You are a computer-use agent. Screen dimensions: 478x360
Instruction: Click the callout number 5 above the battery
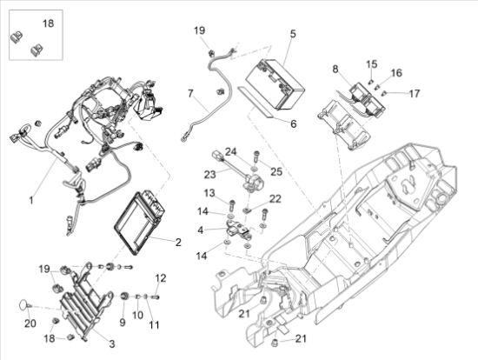[x=293, y=34]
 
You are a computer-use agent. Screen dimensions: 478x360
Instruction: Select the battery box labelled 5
[x=276, y=84]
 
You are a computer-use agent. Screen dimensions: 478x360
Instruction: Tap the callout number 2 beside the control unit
[x=178, y=243]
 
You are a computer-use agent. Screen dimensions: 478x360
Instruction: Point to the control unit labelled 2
[x=139, y=223]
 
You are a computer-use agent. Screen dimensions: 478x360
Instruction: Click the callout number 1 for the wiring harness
[x=30, y=201]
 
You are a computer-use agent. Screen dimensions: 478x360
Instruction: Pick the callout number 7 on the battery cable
[x=190, y=93]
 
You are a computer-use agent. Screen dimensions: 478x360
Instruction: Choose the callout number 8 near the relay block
[x=335, y=70]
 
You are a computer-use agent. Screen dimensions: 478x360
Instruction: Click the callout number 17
[x=415, y=93]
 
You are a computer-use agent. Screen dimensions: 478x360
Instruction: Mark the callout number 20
[x=30, y=323]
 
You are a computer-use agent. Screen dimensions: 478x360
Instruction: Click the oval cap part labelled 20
[x=23, y=304]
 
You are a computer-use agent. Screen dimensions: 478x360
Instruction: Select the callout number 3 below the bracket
[x=112, y=343]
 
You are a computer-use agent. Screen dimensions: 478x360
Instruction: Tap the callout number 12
[x=161, y=278]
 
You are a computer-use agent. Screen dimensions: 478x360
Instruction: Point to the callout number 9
[x=123, y=323]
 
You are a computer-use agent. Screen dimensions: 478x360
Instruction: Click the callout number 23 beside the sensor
[x=209, y=175]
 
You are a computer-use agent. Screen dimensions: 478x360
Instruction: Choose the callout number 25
[x=276, y=171]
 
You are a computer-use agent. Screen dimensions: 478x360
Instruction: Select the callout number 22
[x=275, y=198]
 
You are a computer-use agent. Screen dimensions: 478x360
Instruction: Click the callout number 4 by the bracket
[x=200, y=230]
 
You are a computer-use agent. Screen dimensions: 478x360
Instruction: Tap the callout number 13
[x=209, y=193]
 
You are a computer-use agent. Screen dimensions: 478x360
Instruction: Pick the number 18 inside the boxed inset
[x=48, y=23]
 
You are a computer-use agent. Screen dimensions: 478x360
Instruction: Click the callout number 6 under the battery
[x=293, y=123]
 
